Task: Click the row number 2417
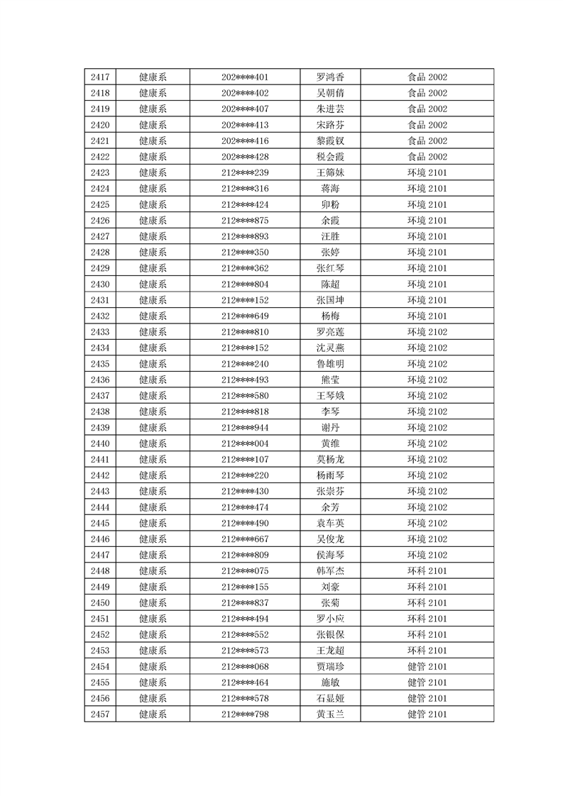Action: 100,77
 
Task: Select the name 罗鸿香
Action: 330,77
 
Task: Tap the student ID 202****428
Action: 245,157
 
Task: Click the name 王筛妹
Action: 330,173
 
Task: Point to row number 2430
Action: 100,284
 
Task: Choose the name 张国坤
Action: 330,300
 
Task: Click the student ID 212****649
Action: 245,316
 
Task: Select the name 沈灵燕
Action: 330,348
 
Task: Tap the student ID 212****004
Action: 245,443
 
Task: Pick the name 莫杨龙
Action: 330,460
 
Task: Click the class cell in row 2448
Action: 427,571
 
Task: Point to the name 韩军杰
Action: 330,571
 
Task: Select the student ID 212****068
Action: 245,666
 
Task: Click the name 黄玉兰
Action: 330,714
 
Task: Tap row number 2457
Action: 100,714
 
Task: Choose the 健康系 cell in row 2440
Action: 153,443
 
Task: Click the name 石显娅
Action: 330,698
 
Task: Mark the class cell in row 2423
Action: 427,173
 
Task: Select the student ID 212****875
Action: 245,221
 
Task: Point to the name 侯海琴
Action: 330,555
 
